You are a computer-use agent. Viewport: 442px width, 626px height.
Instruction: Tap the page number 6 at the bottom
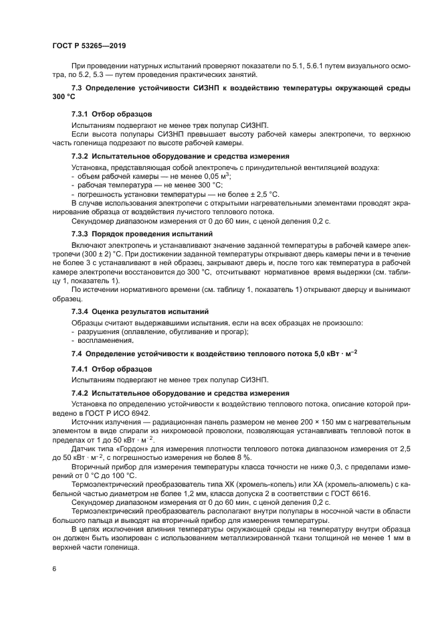click(x=53, y=568)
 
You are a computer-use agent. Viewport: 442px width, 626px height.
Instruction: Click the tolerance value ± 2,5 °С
click(x=263, y=193)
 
